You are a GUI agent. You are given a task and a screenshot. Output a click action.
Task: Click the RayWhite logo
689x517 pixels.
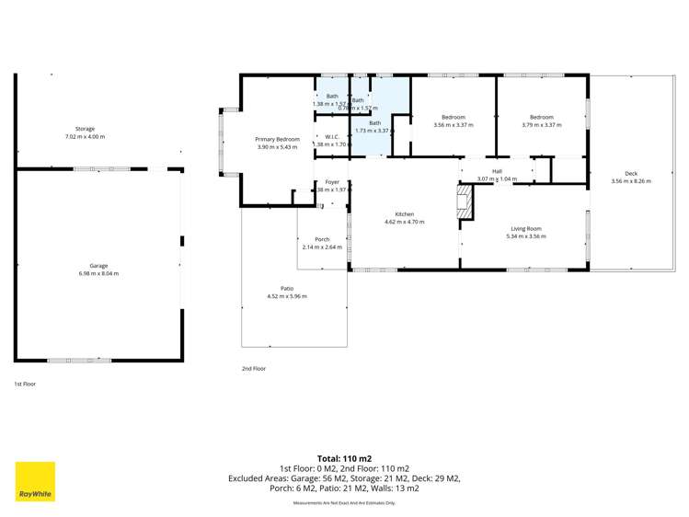[35, 481]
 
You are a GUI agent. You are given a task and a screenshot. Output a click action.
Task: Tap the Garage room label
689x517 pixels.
[98, 265]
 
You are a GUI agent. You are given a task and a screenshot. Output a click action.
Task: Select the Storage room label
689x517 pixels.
[85, 129]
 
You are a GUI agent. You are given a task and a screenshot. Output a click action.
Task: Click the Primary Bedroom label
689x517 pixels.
[277, 139]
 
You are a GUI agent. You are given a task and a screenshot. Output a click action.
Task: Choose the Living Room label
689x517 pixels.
[526, 228]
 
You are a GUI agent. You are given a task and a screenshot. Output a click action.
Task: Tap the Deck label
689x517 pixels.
[630, 174]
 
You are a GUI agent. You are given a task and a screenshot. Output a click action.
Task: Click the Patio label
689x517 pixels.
[287, 288]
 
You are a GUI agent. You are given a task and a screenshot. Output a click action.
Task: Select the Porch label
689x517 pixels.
[322, 239]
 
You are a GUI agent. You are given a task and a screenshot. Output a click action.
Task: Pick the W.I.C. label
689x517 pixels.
[332, 136]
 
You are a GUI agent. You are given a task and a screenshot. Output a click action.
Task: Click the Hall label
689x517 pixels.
[497, 171]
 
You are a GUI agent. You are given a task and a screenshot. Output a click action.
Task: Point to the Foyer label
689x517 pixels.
[332, 182]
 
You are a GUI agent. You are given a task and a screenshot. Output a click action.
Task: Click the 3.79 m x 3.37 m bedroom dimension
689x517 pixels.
[541, 125]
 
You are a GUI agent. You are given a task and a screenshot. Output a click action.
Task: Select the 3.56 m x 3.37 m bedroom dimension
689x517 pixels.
[453, 125]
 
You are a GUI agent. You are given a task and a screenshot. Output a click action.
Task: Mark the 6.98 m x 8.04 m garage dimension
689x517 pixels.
[98, 273]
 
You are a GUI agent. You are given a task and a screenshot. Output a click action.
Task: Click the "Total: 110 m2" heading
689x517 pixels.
[344, 457]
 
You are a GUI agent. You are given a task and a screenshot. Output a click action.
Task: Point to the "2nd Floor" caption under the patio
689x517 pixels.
[253, 368]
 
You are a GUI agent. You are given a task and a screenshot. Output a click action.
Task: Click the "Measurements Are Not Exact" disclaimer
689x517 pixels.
[344, 503]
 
